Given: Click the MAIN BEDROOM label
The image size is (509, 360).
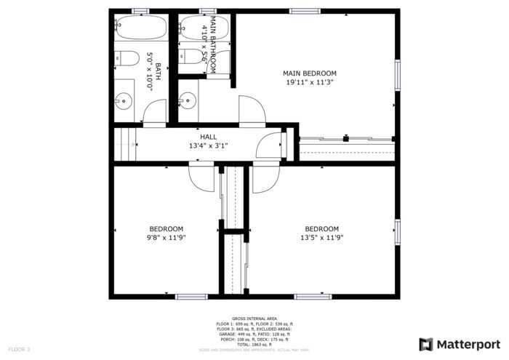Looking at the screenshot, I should tap(310, 73).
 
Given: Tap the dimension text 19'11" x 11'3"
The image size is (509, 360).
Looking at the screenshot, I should tap(310, 82).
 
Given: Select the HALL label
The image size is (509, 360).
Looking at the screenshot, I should tap(209, 136).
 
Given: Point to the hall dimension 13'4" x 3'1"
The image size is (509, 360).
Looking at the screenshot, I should tap(209, 145).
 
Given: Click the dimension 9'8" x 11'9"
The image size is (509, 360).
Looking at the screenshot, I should tap(167, 237).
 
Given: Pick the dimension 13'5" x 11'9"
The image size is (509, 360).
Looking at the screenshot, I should tap(321, 237).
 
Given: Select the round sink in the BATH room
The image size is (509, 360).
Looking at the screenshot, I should tap(125, 101).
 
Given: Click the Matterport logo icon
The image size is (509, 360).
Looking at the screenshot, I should tap(426, 344).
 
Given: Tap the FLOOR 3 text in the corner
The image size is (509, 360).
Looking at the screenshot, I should tap(18, 350).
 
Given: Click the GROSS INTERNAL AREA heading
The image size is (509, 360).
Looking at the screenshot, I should tap(254, 319).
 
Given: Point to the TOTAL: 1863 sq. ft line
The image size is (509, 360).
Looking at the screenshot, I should tap(254, 344).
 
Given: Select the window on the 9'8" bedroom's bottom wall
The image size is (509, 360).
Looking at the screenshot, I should tap(191, 296).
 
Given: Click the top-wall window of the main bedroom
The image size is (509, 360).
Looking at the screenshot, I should tap(305, 11).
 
